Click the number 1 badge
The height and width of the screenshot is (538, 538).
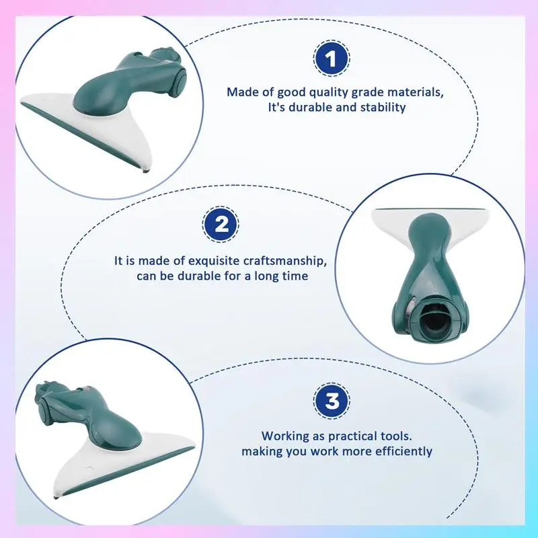pos(332,59)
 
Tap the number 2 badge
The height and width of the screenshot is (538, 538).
pos(221,225)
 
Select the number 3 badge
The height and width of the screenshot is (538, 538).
pos(332,401)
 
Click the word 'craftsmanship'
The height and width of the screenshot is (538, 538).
pos(284,261)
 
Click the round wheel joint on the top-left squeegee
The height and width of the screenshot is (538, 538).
pos(179,83)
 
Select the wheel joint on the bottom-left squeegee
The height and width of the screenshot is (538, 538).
pos(44,412)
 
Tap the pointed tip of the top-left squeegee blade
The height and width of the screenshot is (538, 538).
pos(145,171)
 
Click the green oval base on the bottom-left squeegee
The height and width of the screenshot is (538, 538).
pos(116,433)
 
